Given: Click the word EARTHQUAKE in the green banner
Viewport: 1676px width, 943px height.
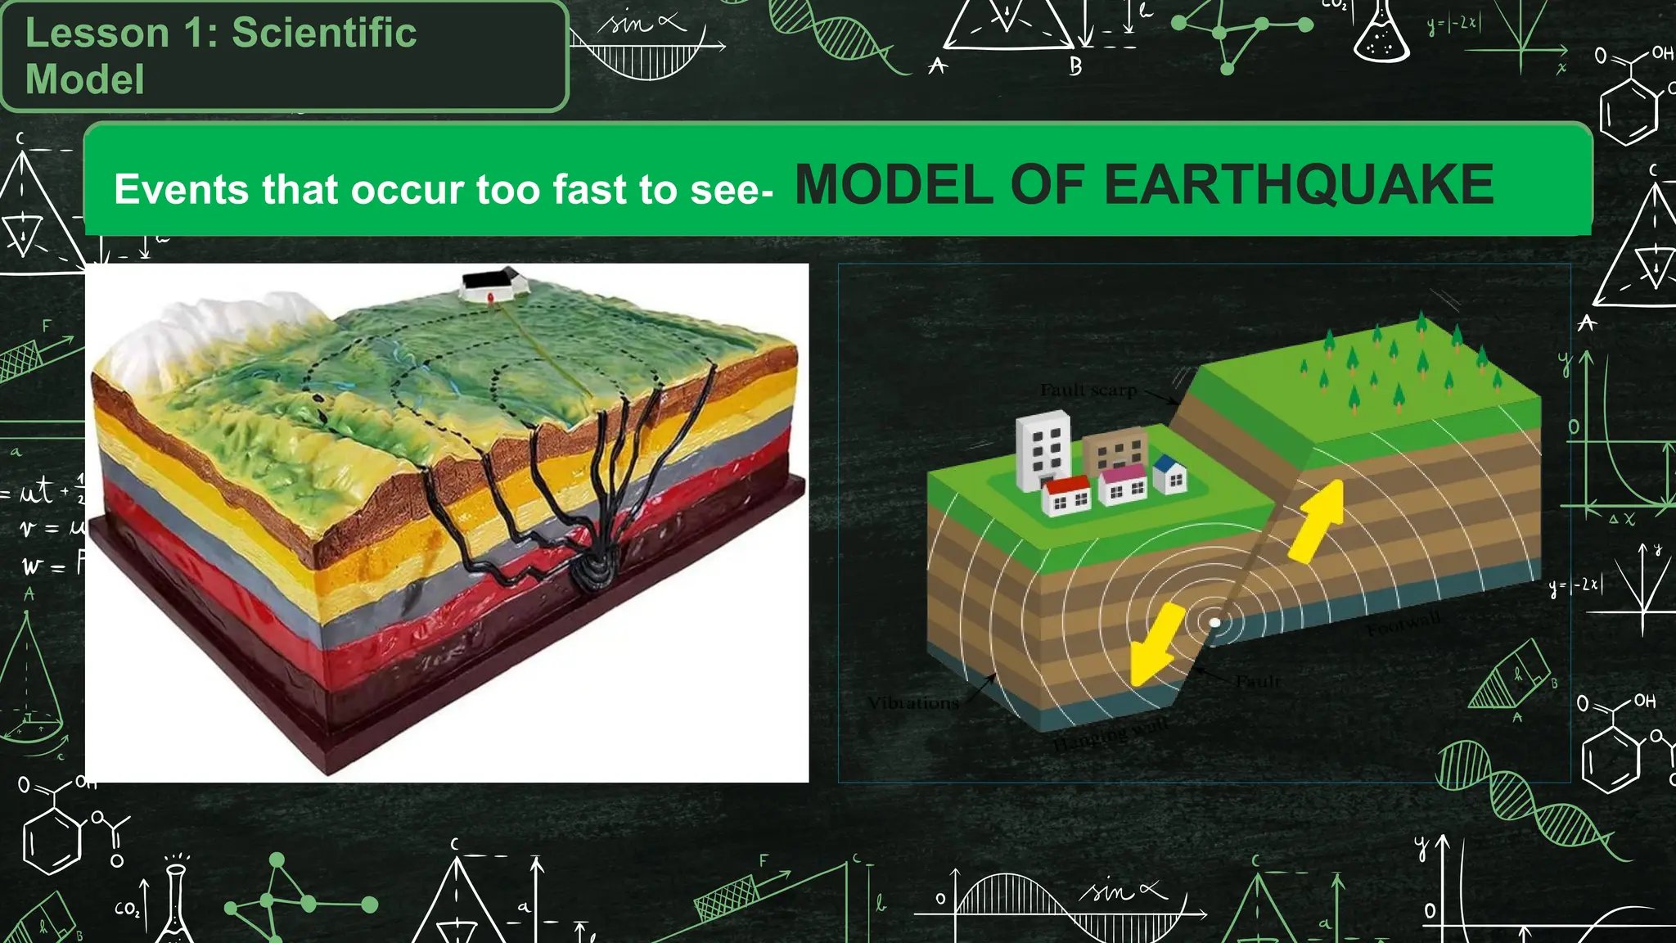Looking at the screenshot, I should [x=1299, y=184].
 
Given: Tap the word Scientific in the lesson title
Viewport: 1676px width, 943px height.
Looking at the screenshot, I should [x=324, y=33].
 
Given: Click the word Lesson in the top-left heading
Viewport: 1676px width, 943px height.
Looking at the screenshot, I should [x=97, y=33].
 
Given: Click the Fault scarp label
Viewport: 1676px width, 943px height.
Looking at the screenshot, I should [x=1088, y=390].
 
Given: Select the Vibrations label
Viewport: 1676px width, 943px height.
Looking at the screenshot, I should [x=912, y=702].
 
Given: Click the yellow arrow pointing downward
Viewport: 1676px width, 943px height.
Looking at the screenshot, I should [x=1155, y=643].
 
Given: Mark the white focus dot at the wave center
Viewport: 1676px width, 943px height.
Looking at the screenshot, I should [x=1215, y=623].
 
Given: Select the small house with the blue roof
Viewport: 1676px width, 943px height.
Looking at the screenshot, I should [x=1171, y=475].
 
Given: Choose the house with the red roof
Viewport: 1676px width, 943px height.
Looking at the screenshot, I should [x=1066, y=494].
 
